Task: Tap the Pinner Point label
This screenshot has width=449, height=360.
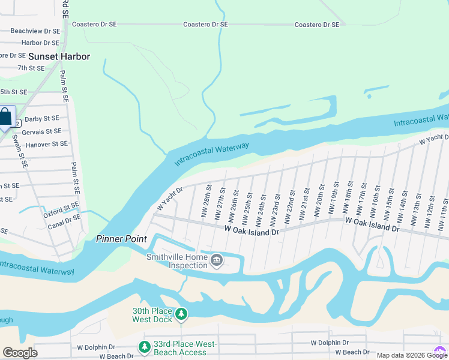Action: (122, 239)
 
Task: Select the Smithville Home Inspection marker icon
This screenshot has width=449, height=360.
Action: (217, 260)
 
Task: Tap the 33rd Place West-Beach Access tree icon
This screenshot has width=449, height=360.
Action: (144, 347)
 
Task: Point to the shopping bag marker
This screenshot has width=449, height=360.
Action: (5, 117)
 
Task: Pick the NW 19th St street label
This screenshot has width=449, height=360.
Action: (332, 202)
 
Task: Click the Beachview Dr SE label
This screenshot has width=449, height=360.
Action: (35, 31)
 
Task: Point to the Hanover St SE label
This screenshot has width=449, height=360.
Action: (44, 144)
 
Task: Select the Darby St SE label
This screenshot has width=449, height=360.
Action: (41, 119)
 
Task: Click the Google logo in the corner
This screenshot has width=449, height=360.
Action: (20, 352)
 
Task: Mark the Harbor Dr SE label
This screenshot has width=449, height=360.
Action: (40, 43)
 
